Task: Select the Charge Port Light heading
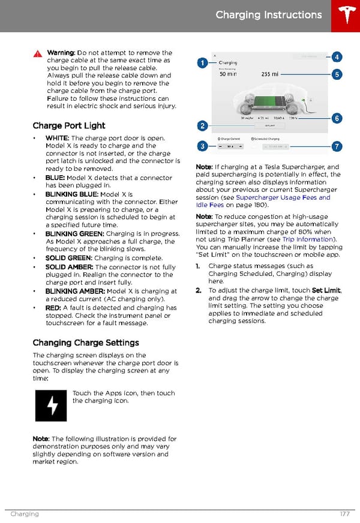point(68,125)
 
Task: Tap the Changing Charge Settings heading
point(85,342)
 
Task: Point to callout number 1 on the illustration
point(203,62)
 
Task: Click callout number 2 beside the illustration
point(203,126)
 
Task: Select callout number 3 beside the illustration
point(203,146)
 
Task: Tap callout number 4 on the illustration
point(337,58)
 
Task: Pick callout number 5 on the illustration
point(337,75)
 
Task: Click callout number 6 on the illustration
point(337,119)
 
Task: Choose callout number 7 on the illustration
point(337,146)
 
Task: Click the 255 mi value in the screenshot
point(270,75)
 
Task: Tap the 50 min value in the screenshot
point(228,75)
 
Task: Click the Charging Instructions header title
point(268,15)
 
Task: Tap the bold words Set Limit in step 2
point(325,290)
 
